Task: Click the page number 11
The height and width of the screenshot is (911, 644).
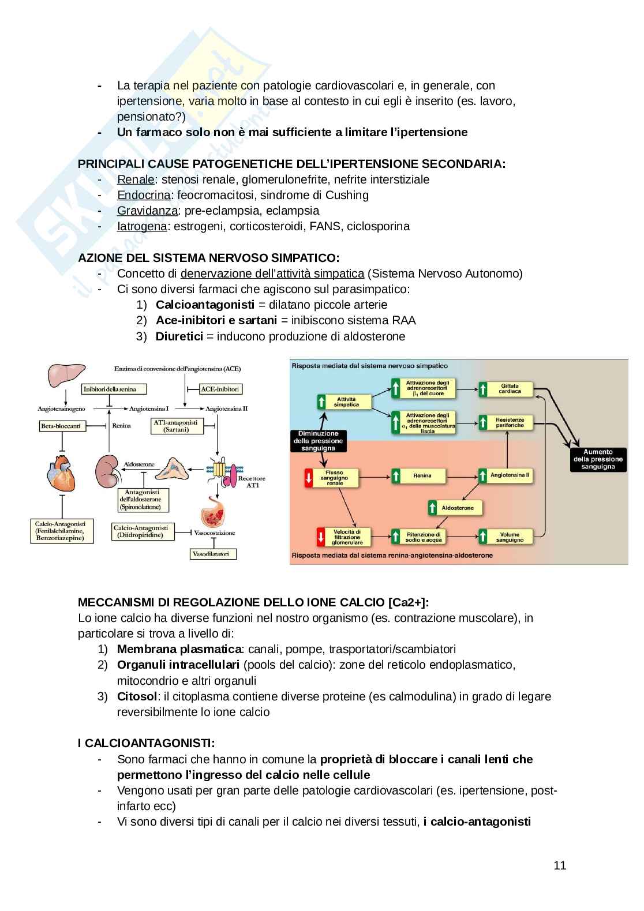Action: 559,865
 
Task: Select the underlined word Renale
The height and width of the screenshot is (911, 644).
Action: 136,179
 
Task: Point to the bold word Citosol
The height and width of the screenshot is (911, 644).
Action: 137,696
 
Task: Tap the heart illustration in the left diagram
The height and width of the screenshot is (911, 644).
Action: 61,473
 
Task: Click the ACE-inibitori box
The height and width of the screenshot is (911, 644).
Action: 220,389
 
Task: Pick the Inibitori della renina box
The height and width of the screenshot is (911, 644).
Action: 114,389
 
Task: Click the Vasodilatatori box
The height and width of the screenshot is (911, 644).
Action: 213,554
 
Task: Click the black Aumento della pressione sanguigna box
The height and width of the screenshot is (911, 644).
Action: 598,460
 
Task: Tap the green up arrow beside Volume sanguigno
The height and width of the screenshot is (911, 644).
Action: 484,537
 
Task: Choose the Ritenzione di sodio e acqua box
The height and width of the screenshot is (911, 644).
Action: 424,537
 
